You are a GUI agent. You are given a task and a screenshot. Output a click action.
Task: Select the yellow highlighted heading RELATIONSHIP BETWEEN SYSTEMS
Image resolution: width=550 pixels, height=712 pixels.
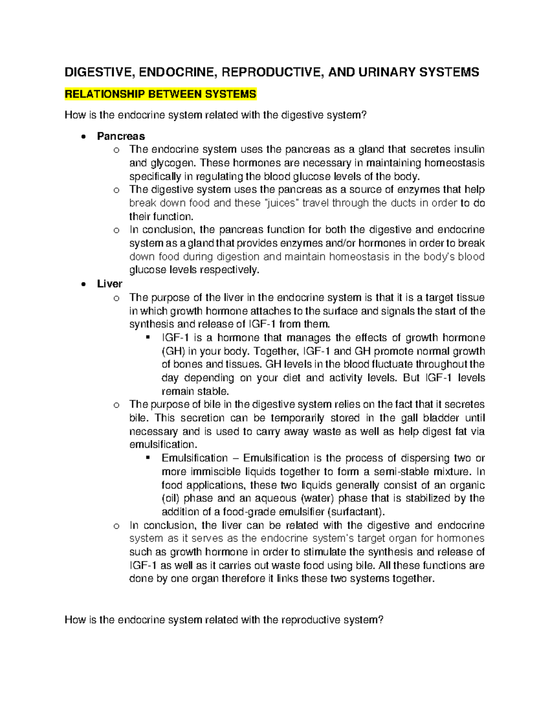click(160, 94)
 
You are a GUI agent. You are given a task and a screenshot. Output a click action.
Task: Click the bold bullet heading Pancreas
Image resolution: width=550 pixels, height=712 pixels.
click(121, 136)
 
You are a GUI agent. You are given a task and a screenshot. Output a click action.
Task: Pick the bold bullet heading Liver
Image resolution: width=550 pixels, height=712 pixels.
click(110, 284)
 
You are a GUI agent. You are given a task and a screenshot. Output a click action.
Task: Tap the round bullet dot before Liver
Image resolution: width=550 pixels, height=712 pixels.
click(83, 284)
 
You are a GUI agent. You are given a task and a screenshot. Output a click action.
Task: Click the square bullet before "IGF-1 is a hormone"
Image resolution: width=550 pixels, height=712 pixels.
click(148, 338)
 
